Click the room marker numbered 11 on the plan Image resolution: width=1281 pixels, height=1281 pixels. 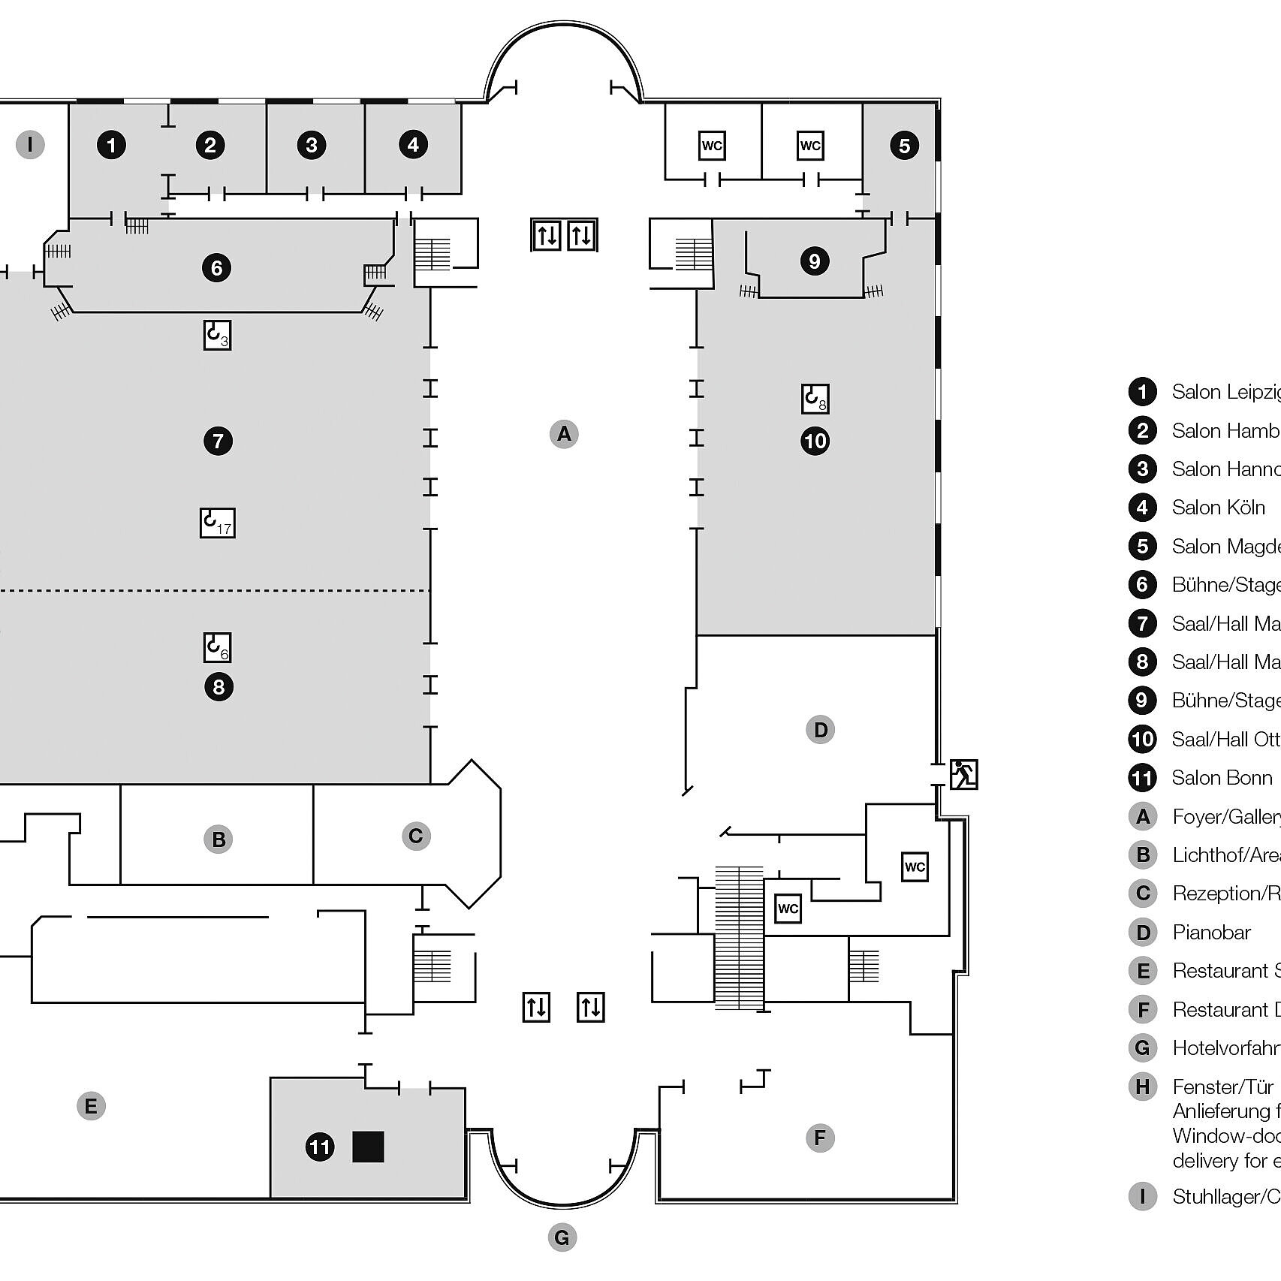320,1147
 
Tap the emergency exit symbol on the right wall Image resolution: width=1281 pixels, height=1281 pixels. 963,774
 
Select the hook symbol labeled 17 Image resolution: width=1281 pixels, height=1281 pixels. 217,523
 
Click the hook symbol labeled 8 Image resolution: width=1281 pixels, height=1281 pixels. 815,399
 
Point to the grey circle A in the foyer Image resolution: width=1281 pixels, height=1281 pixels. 564,434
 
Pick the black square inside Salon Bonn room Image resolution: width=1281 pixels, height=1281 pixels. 368,1147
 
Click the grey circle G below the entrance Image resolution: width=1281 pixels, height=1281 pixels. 562,1237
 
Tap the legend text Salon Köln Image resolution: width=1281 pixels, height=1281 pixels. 1218,508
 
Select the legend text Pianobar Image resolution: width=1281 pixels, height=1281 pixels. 1211,933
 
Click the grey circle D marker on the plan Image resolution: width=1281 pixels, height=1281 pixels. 820,730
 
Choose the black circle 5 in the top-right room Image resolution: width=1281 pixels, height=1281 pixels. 904,146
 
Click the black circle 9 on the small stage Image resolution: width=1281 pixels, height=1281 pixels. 815,261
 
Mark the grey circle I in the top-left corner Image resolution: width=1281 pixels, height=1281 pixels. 30,144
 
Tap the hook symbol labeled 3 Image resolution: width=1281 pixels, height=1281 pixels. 217,335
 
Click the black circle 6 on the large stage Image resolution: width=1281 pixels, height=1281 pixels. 216,268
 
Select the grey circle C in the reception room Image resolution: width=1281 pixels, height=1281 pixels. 416,836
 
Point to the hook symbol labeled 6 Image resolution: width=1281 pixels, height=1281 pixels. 217,647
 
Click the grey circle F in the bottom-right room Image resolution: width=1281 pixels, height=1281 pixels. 819,1138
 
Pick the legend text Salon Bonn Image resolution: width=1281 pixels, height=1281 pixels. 1222,778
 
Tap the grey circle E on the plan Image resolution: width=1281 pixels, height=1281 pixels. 91,1106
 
